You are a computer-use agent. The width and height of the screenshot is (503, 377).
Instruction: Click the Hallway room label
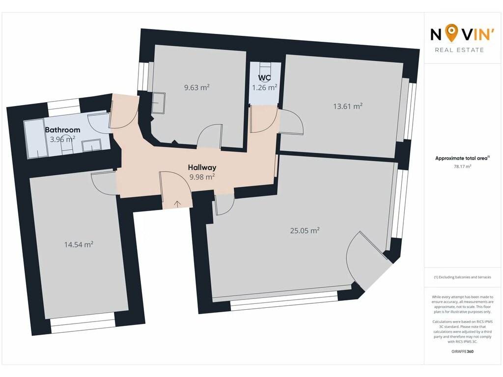coord(202,167)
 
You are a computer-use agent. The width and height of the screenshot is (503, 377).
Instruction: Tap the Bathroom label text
coord(62,130)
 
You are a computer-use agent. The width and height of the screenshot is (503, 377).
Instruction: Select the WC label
coord(264,78)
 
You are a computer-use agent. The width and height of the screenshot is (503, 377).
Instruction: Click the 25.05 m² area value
coord(305,231)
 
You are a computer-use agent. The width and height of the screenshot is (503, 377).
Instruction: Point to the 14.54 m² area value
coord(79,244)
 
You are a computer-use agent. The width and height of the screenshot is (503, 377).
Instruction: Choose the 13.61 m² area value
coord(348,106)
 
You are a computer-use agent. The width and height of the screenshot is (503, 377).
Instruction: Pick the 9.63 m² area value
coord(196,87)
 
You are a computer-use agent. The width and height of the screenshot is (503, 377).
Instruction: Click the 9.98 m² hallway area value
coord(202,177)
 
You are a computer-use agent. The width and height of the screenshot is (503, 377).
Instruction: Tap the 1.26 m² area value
coord(265,87)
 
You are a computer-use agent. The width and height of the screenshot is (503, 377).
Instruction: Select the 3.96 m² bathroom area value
coord(62,139)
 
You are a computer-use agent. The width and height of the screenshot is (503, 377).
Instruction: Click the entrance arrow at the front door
coord(177,203)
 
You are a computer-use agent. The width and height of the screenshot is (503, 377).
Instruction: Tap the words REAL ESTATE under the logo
coord(459,50)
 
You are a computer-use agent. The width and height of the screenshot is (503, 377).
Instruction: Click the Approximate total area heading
coord(462,158)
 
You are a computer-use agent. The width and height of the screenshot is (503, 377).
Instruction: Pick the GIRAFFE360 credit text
coord(463,351)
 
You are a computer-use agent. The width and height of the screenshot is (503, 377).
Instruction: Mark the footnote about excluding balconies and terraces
coord(462,277)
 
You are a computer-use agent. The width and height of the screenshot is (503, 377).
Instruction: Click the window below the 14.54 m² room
coord(83,326)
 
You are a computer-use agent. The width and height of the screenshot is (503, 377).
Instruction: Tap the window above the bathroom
coord(63,107)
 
